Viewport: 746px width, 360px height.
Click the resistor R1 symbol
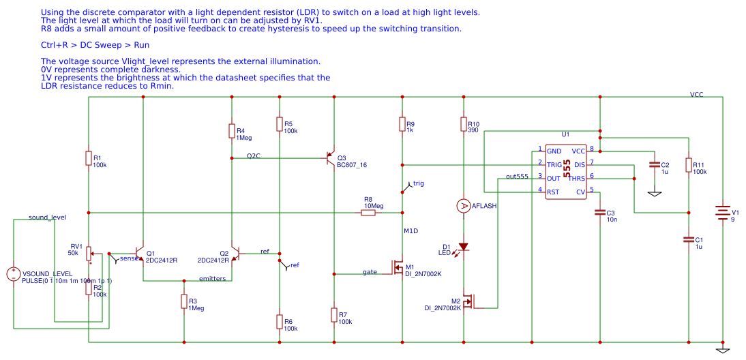[x=89, y=158]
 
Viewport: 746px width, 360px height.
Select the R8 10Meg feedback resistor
[x=368, y=213]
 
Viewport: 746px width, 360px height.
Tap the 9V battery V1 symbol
[x=722, y=212]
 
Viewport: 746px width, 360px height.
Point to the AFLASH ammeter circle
[x=464, y=206]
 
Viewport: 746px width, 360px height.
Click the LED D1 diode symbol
[x=464, y=247]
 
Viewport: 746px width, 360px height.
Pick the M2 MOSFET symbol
[x=468, y=301]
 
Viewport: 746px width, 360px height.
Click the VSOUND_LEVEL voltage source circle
[x=14, y=274]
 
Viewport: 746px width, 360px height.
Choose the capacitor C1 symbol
[x=689, y=239]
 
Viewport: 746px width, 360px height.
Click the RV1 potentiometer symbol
[x=89, y=254]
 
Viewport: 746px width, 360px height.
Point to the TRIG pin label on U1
[x=554, y=164]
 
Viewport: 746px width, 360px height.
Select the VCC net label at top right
[x=696, y=95]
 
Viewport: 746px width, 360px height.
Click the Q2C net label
[x=253, y=155]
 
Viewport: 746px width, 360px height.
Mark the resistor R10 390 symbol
[x=464, y=124]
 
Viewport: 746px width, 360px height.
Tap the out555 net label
[x=517, y=177]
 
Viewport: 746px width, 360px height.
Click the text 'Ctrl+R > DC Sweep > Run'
[x=95, y=45]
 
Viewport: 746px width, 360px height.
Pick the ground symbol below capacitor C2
[x=655, y=194]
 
